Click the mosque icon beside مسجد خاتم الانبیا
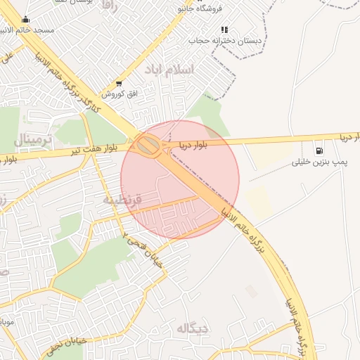click(26, 19)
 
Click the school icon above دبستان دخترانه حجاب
click(224, 30)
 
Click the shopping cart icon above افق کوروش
click(118, 83)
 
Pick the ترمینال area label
click(32, 139)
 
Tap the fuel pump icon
click(320, 150)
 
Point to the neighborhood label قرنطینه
click(123, 200)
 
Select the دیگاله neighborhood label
click(193, 328)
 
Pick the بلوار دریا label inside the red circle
click(193, 146)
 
